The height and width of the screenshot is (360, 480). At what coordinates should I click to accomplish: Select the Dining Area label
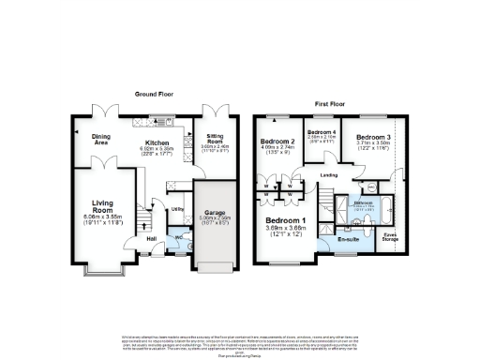[x=90, y=140]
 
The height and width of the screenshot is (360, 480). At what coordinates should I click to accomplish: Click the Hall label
[x=151, y=238]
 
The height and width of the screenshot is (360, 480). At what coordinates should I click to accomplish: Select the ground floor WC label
[x=179, y=237]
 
